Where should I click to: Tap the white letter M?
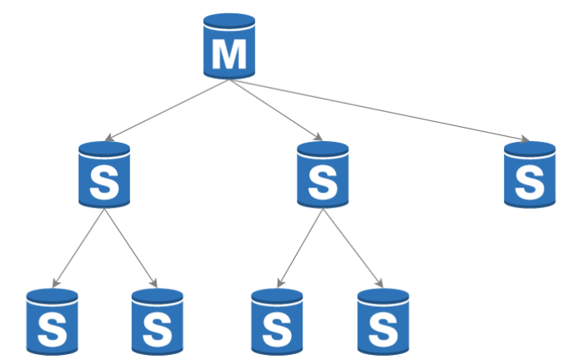(229, 54)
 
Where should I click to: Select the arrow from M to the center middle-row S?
(275, 109)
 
